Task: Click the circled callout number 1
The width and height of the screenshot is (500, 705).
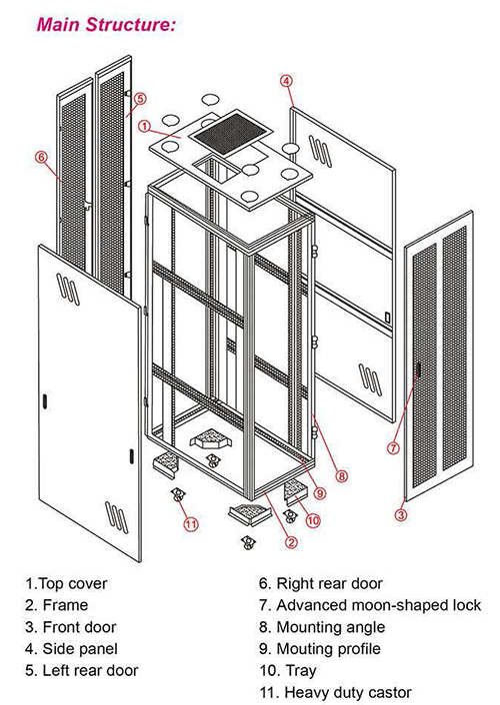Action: [144, 126]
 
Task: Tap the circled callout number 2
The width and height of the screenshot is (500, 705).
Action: [291, 542]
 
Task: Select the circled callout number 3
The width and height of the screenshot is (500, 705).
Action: [401, 514]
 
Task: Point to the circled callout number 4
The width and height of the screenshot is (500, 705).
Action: [286, 81]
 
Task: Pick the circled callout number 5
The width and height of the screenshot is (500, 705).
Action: [140, 99]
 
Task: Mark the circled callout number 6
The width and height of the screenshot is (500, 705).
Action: [41, 157]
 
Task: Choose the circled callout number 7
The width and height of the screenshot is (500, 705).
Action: [393, 447]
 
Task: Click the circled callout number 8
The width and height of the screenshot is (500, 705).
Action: [342, 476]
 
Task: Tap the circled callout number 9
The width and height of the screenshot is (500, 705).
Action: [319, 493]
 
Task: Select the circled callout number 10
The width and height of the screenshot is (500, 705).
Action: [313, 520]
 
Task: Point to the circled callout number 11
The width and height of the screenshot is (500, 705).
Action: [191, 524]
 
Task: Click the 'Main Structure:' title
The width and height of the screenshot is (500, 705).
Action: [106, 24]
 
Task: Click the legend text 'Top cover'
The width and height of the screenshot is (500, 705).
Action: [73, 583]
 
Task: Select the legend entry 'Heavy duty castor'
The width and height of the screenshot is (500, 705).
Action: [348, 692]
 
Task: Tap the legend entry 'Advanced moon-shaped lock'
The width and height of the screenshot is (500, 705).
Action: [378, 605]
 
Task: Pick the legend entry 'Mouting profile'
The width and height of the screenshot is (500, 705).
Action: [328, 649]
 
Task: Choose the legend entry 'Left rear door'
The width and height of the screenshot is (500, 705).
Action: [90, 670]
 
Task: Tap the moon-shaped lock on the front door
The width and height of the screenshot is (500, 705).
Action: [417, 369]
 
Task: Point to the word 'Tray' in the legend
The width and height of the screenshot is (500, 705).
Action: [300, 671]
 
